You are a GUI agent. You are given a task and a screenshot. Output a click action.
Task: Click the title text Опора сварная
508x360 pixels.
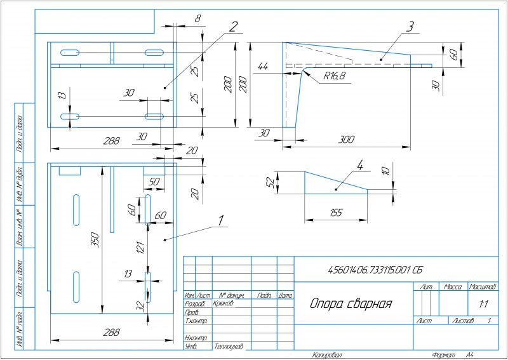pos(351,303)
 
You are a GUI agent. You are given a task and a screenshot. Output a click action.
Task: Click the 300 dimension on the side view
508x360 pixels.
pos(347,139)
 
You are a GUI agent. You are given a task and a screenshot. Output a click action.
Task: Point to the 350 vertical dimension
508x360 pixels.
pos(95,240)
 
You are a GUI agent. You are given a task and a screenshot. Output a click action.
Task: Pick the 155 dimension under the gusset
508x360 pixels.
pos(337,213)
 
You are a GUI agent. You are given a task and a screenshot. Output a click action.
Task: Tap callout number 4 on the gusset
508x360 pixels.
pos(360,166)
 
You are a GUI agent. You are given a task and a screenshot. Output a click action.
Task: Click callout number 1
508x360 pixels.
pos(221,220)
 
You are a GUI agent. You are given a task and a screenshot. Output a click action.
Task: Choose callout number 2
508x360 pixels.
pos(234,27)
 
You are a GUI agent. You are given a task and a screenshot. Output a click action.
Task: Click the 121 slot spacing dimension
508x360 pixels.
pos(142,246)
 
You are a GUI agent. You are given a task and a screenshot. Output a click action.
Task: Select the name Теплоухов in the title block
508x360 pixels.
pos(229,347)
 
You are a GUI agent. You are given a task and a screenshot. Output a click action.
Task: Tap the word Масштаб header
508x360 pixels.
pos(483,287)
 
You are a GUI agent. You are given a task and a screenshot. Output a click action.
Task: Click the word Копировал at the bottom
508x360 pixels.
pos(328,355)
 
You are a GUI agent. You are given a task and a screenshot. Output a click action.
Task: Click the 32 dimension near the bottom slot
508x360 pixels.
pos(142,305)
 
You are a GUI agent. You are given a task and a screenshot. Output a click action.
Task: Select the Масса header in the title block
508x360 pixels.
pos(453,287)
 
